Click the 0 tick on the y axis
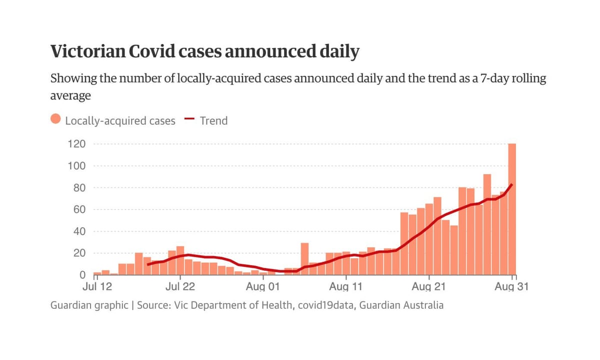(83, 275)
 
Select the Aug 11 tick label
(345, 287)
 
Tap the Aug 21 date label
(429, 287)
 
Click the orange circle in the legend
(56, 120)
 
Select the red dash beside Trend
(189, 119)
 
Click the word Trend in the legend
(213, 120)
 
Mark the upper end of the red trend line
(512, 184)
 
